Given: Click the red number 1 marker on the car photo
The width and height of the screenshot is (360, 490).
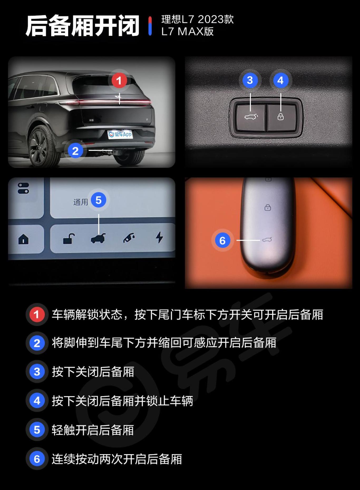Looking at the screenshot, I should (119, 80).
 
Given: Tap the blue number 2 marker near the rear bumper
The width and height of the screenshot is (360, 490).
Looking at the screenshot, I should (75, 151).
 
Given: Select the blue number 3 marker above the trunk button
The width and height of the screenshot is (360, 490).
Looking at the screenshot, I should (250, 80).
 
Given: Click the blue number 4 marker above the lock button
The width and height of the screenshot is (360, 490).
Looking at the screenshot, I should (280, 80).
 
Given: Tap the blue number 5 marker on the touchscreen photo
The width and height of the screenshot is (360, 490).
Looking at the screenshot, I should (99, 200).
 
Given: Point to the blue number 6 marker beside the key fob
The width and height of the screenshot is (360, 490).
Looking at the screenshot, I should (222, 241).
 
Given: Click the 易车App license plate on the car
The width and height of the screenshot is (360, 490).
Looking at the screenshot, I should (120, 134).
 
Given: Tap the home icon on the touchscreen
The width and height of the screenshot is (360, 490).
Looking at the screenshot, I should (23, 239).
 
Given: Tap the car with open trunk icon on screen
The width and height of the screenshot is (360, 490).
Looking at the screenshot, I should (98, 238).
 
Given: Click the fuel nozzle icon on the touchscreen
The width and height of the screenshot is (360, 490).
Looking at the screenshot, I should (129, 238).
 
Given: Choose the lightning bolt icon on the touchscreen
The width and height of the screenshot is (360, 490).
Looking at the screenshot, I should (159, 237).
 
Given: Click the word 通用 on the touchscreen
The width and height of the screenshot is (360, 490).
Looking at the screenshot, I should (81, 202).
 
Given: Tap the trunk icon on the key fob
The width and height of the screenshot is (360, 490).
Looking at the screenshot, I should (267, 240).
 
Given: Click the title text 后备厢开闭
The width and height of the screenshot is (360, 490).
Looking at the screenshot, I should (82, 26).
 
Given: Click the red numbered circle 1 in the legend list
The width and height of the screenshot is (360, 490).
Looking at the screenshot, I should (37, 314).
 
